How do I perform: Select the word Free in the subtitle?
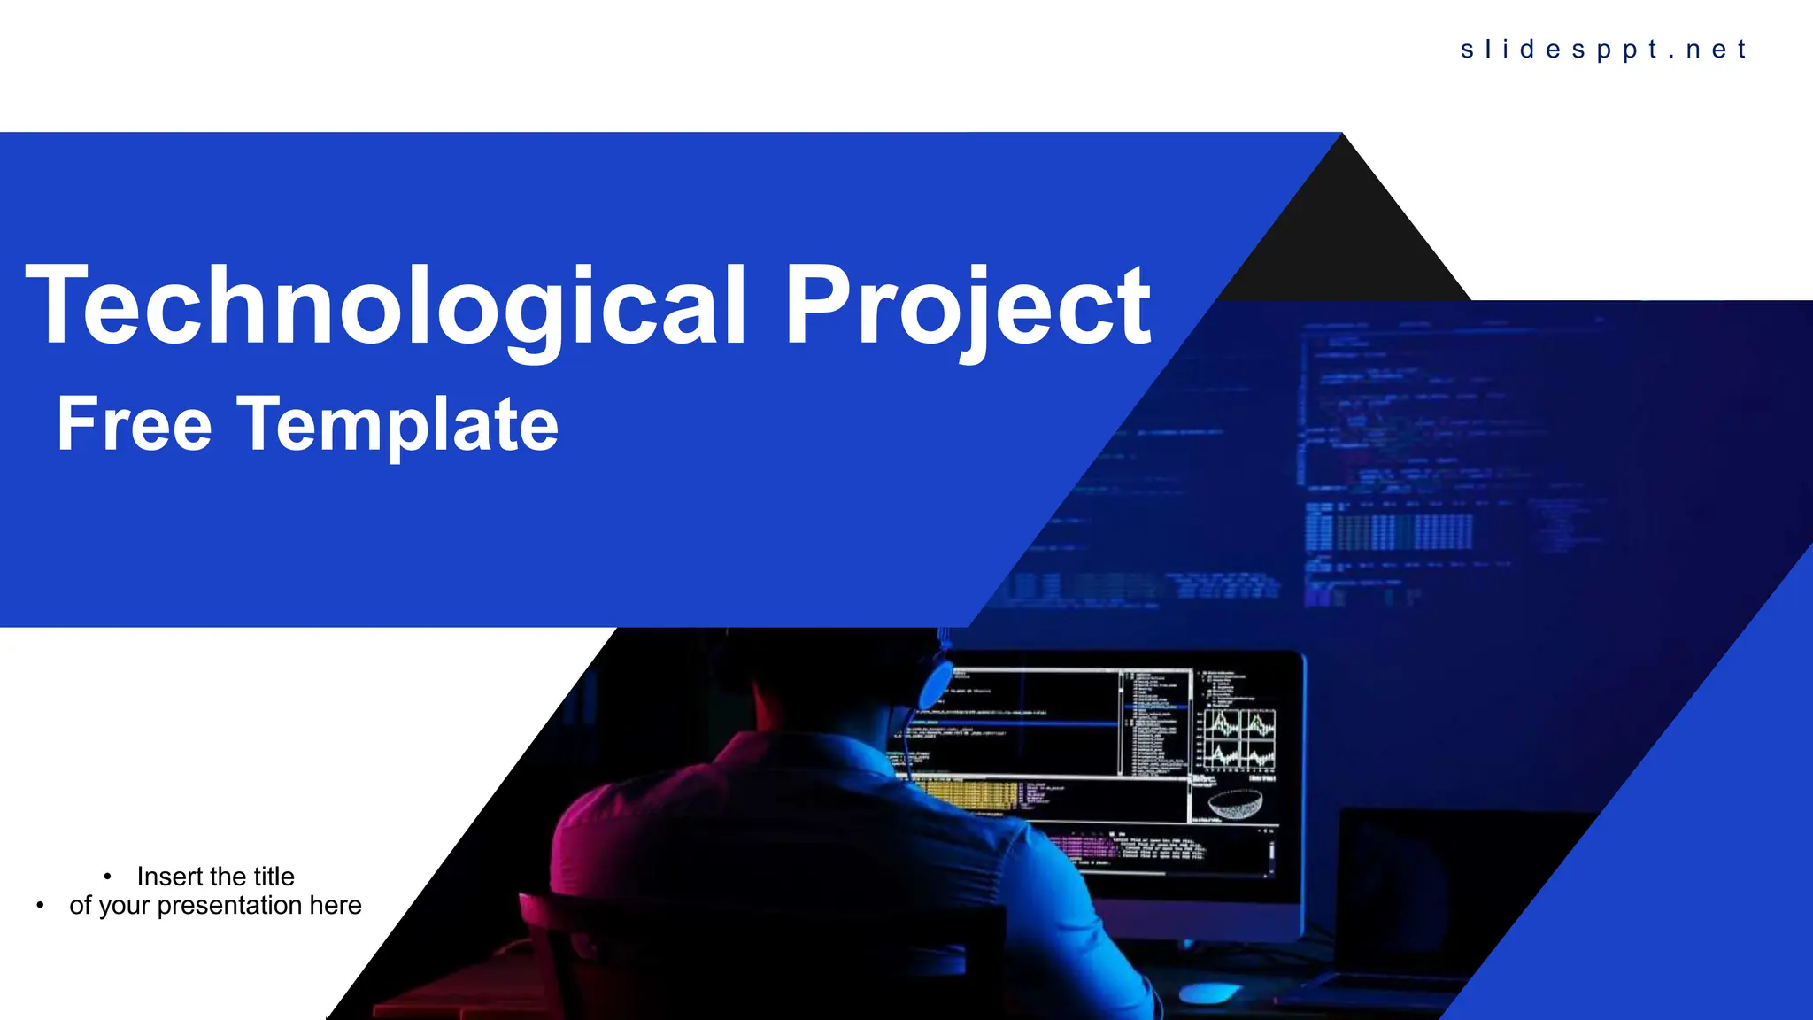coord(134,424)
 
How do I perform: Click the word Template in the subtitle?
coord(397,424)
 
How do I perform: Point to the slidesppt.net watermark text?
coord(1603,50)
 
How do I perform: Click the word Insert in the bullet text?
coord(170,877)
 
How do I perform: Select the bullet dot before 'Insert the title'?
coord(107,877)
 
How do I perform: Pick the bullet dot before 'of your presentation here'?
coord(40,905)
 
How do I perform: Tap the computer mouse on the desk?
coord(1209,993)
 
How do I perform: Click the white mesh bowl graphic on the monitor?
coord(1235,805)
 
